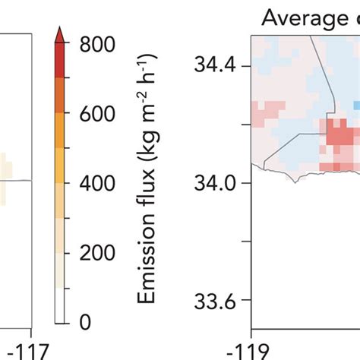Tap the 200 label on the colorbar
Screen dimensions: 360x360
point(96,253)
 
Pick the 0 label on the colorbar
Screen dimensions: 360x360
point(84,323)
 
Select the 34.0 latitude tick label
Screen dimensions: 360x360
point(215,183)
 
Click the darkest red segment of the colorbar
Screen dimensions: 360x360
point(61,61)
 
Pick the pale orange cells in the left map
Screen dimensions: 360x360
point(5,166)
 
